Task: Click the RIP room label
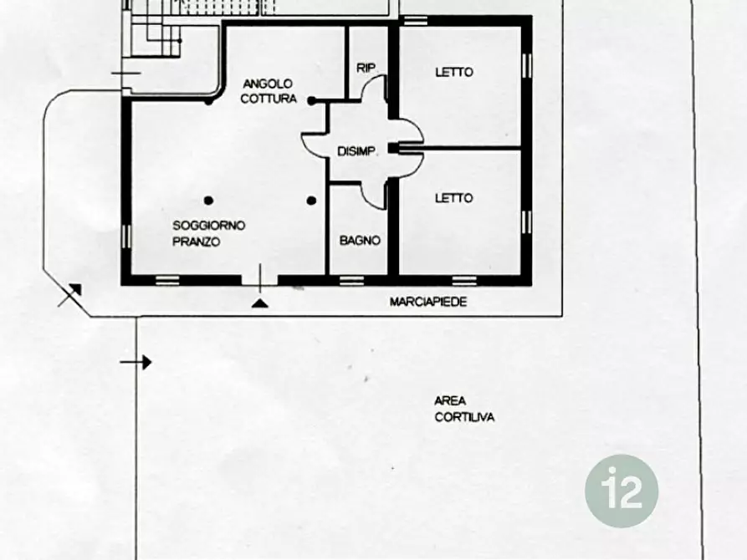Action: pos(366,68)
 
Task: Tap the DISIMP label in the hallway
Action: pos(356,151)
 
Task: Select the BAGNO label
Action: pos(360,241)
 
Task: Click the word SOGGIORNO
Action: pos(208,225)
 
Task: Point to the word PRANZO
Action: pos(197,242)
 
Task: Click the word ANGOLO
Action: pos(267,84)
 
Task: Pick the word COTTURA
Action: pos(269,99)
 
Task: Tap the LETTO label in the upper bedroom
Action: pos(454,73)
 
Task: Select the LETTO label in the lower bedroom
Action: pos(453,197)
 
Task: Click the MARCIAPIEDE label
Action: pos(428,302)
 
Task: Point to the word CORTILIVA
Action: pos(464,417)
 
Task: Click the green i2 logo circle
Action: pos(622,491)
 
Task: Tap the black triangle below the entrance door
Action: pos(259,303)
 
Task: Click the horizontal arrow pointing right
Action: pos(136,363)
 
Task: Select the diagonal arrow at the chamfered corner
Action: pos(69,295)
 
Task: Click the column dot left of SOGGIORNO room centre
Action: pos(208,201)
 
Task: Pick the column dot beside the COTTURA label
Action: pos(311,100)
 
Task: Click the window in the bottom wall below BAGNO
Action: pos(352,281)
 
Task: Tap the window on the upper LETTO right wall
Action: pos(526,66)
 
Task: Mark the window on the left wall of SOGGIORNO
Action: pos(126,237)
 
